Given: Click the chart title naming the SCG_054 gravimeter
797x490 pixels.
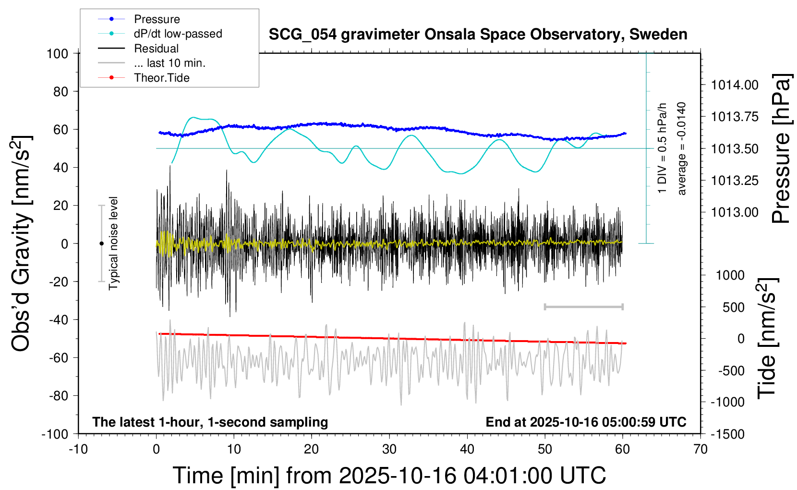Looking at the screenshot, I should click(478, 35).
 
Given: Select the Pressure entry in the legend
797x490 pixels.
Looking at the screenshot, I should click(157, 19).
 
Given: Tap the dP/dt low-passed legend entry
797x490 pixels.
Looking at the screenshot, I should click(178, 34).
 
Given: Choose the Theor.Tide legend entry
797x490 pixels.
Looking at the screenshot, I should click(161, 78).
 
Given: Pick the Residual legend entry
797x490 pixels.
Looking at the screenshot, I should click(156, 49).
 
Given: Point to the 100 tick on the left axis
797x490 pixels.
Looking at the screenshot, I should click(57, 53).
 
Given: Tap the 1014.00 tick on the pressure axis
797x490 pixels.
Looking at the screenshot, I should click(735, 85).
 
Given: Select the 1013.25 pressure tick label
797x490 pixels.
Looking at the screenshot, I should click(735, 181).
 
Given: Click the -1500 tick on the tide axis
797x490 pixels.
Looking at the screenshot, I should click(728, 434).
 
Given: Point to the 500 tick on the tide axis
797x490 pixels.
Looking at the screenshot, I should click(733, 307).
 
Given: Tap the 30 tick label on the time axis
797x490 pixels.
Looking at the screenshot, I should click(389, 450).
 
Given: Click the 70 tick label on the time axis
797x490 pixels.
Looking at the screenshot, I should click(700, 450).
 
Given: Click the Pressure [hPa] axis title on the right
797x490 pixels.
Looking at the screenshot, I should click(781, 149).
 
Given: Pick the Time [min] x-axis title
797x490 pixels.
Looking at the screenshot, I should click(389, 476).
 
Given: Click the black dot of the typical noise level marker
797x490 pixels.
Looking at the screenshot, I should click(101, 244).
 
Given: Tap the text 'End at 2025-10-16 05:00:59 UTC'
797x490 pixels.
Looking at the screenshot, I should click(586, 422).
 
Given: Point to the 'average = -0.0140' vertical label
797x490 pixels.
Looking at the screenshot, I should click(681, 149).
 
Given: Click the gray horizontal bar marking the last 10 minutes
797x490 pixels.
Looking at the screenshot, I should click(583, 306).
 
